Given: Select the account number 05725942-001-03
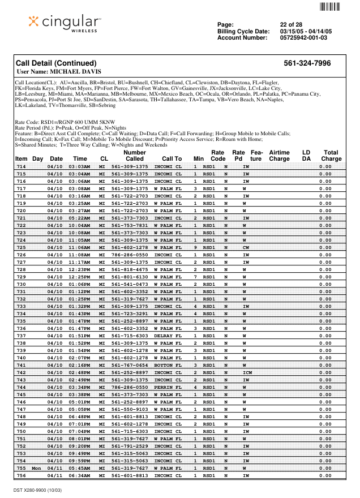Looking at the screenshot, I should (x=303, y=37).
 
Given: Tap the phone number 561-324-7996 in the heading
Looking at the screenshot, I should (x=307, y=63).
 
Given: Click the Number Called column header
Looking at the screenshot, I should (x=135, y=156).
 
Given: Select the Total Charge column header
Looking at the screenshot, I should (x=331, y=156).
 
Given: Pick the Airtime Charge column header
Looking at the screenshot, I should (x=279, y=156).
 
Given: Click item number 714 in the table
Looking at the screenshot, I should (x=21, y=166).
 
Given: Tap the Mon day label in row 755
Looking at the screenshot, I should (x=36, y=468).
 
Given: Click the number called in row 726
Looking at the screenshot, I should (x=130, y=255).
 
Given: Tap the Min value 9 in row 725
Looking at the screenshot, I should (x=195, y=247).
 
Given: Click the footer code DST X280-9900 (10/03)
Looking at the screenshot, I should (x=39, y=488).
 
